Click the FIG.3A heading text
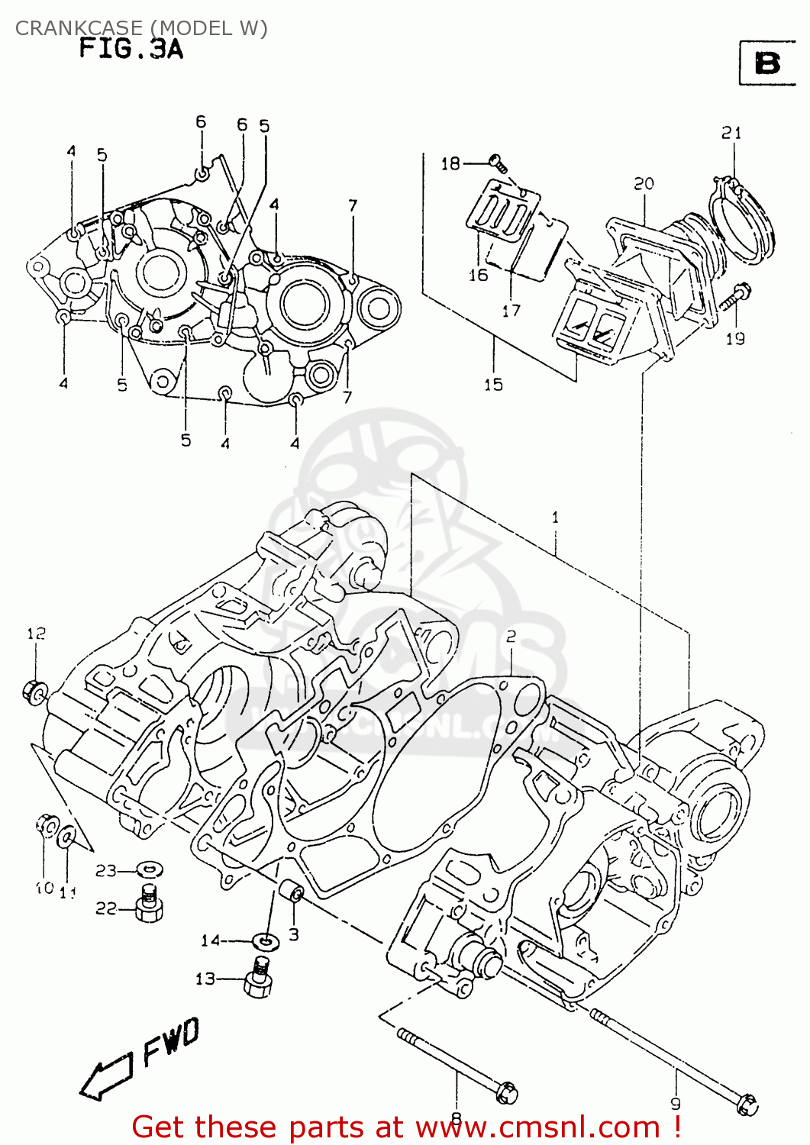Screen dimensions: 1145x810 pyautogui.click(x=131, y=50)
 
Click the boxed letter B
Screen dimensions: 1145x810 pyautogui.click(x=766, y=63)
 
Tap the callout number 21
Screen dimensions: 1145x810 pyautogui.click(x=731, y=133)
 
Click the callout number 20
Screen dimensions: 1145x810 pyautogui.click(x=644, y=183)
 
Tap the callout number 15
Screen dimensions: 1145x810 pyautogui.click(x=493, y=384)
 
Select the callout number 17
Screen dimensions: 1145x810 pyautogui.click(x=511, y=310)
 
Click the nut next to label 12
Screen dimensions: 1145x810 pyautogui.click(x=35, y=692)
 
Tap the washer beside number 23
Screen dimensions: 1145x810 pyautogui.click(x=150, y=869)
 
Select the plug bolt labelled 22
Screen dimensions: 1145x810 pyautogui.click(x=150, y=906)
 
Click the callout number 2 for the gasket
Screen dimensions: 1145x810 pyautogui.click(x=510, y=637)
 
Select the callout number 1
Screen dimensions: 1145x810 pyautogui.click(x=555, y=517)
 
